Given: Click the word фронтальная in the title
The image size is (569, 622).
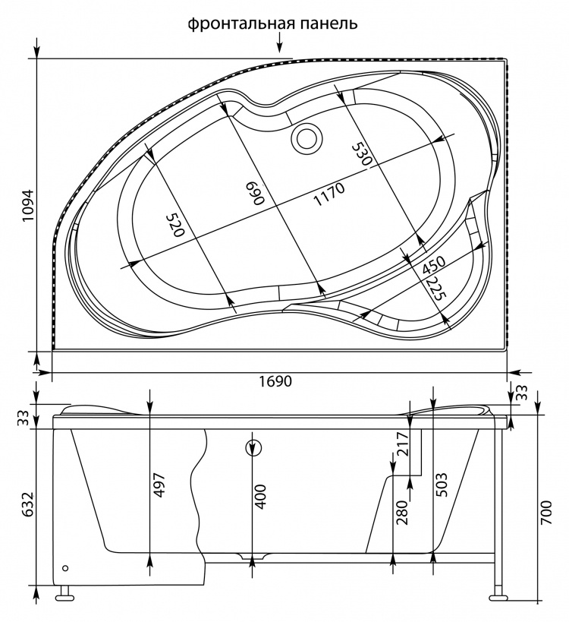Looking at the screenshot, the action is tap(241, 24).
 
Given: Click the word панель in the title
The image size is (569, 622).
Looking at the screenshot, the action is tap(329, 24).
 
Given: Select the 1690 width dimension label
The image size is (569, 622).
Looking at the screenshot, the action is tap(275, 381).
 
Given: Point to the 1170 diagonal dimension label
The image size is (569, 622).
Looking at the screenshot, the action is tap(329, 194).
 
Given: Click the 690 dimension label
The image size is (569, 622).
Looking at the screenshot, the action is tap(254, 193).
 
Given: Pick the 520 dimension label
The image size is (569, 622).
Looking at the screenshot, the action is tap(175, 225).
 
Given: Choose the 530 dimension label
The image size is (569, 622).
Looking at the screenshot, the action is tap(362, 155).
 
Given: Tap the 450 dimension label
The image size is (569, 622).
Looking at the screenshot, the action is tap(433, 265).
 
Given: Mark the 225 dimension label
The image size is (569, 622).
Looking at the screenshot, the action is tap(436, 288).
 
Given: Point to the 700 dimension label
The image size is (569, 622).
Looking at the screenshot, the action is tap(546, 512).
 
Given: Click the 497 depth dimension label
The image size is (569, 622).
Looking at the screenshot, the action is tap(159, 485).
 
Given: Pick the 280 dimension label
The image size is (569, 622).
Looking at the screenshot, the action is tap(402, 512).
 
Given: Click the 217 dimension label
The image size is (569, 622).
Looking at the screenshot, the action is tap(402, 445).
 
